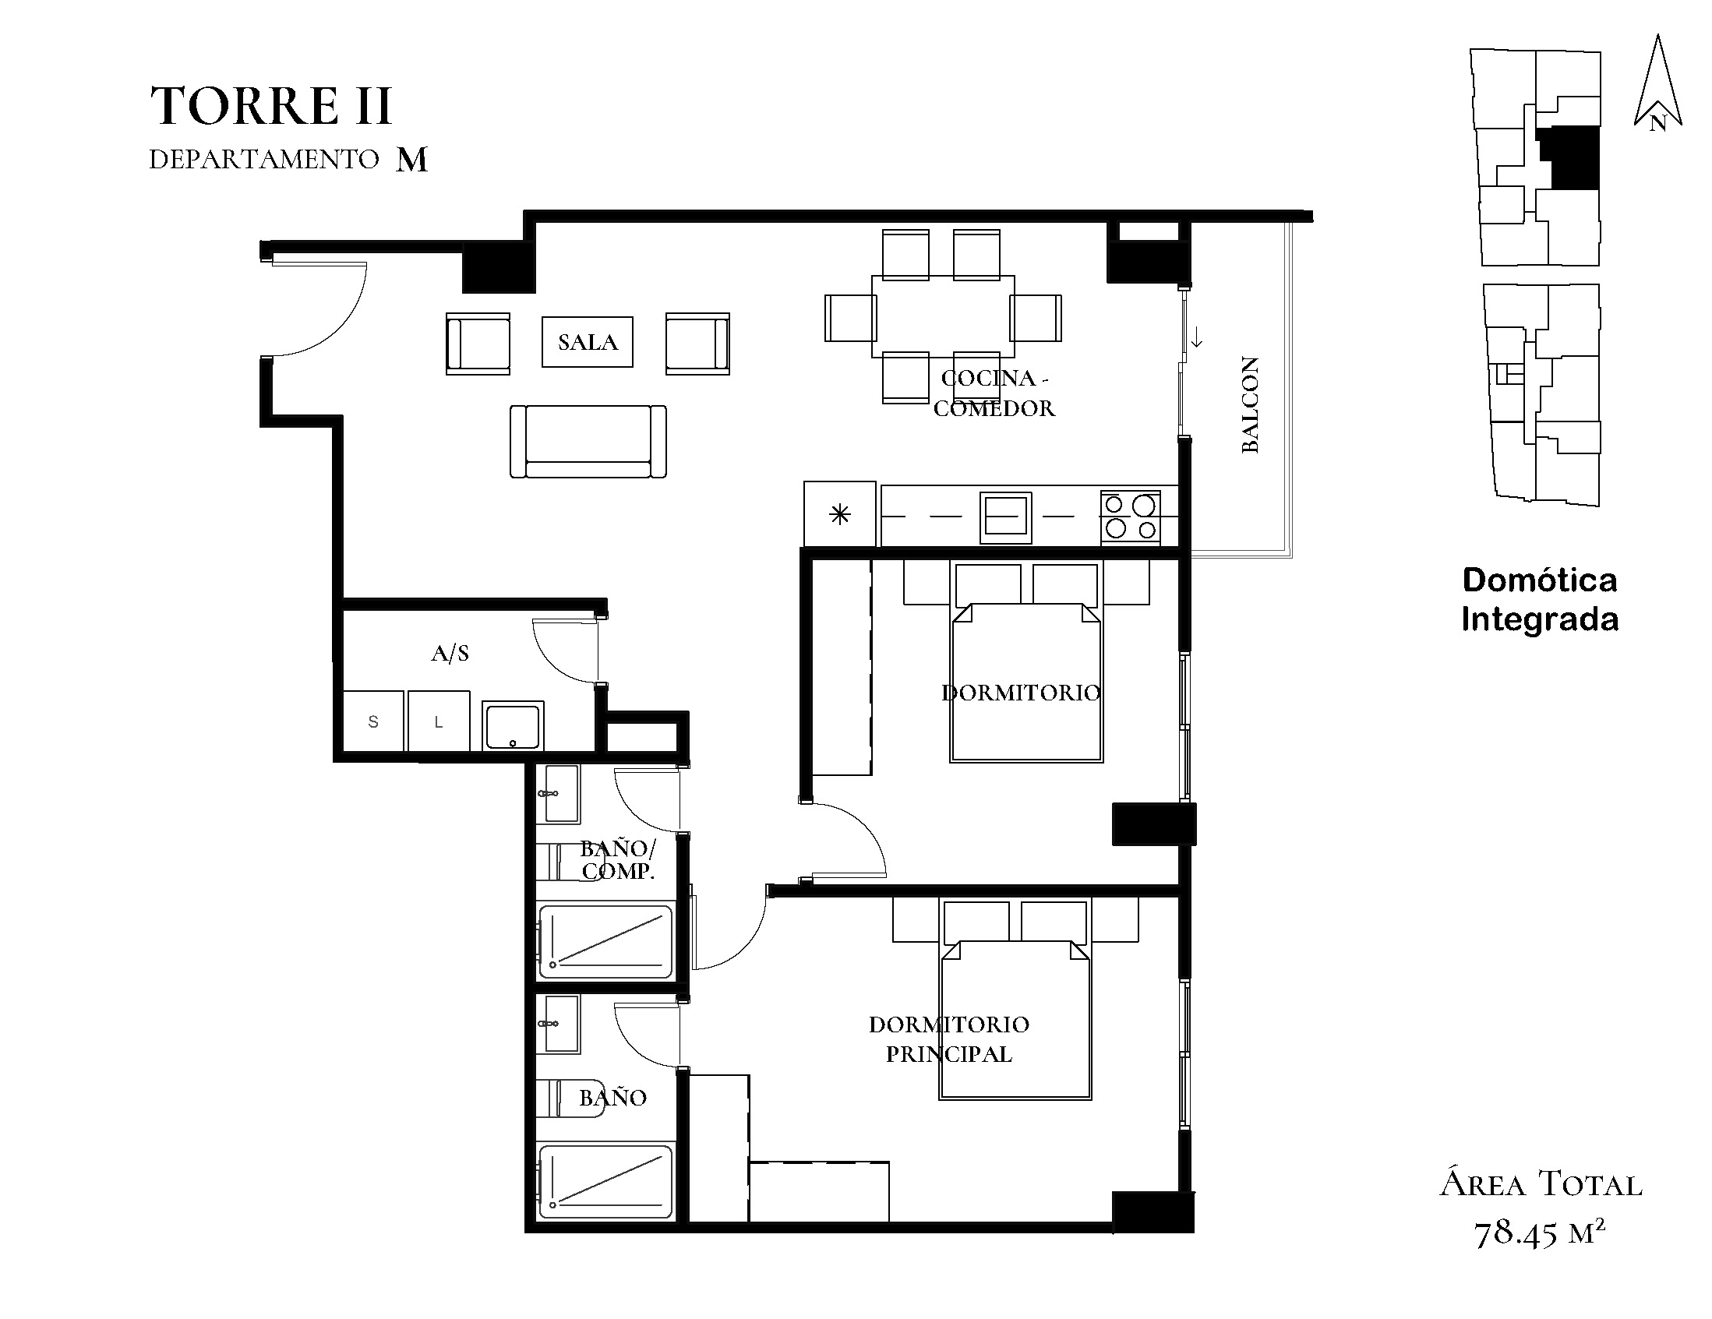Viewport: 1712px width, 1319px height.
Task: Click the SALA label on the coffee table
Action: pyautogui.click(x=587, y=342)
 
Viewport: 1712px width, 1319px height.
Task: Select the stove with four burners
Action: pyautogui.click(x=1130, y=516)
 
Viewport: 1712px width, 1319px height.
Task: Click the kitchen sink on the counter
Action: pyautogui.click(x=1006, y=517)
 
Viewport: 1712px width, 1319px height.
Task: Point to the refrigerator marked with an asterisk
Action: pyautogui.click(x=839, y=514)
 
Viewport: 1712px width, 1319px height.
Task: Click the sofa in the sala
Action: pyautogui.click(x=588, y=441)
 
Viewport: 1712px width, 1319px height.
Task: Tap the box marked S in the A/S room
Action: pyautogui.click(x=373, y=721)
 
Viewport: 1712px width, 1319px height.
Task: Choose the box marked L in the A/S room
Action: pyautogui.click(x=439, y=721)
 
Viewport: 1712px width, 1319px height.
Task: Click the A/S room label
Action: pyautogui.click(x=450, y=653)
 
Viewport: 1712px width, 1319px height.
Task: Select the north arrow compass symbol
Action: pyautogui.click(x=1657, y=82)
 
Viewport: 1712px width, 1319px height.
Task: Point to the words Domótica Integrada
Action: pyautogui.click(x=1540, y=600)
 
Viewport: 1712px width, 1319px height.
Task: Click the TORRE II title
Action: pyautogui.click(x=270, y=106)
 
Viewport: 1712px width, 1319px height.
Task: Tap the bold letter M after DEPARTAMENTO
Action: pyautogui.click(x=411, y=160)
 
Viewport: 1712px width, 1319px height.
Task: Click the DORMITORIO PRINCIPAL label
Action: pyautogui.click(x=948, y=1039)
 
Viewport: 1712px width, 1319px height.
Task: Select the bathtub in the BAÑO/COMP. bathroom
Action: pyautogui.click(x=605, y=942)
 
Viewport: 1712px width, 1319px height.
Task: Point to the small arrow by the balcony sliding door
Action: pyautogui.click(x=1197, y=339)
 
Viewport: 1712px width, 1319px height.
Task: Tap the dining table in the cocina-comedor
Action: pyautogui.click(x=943, y=316)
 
